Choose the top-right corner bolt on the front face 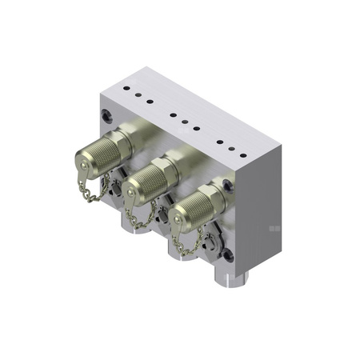pyautogui.click(x=229, y=185)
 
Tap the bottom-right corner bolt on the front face pyautogui.click(x=227, y=257)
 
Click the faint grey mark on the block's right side pyautogui.click(x=274, y=229)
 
